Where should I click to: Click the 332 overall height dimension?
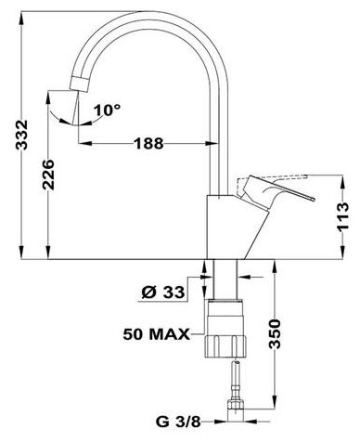(21, 135)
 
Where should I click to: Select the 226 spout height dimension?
(48, 175)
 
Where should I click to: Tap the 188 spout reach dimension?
(148, 143)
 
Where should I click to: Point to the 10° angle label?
(107, 110)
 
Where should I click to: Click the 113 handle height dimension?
(343, 216)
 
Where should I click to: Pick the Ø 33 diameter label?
(163, 292)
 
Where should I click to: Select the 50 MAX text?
(157, 334)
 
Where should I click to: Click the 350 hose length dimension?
(275, 334)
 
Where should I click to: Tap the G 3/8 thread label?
(178, 422)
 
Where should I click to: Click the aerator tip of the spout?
(80, 84)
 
